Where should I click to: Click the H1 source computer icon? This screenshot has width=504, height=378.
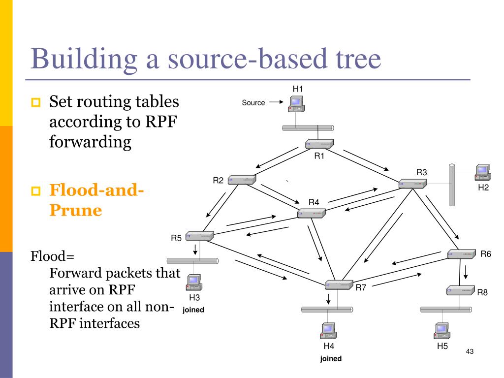coord(296,103)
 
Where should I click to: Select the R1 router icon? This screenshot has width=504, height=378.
coord(319,144)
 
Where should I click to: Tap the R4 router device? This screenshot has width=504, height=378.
coord(312,213)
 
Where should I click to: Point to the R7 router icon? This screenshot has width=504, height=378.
coord(339,285)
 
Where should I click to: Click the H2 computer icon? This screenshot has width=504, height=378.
coord(483,172)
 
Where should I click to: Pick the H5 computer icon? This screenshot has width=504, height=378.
coord(442,331)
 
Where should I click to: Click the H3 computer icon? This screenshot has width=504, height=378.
coord(194,282)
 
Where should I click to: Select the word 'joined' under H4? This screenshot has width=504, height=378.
coord(331,358)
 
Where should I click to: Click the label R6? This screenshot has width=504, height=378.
coord(486,254)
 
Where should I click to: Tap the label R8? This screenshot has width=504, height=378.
coord(482,292)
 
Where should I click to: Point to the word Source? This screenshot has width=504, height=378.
coord(253,102)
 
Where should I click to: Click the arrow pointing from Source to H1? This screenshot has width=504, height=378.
coord(276,102)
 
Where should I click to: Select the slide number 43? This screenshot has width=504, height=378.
coord(470,351)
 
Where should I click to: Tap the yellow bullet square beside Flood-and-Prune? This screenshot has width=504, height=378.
coord(35,191)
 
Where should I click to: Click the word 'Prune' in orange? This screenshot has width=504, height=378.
coord(75,210)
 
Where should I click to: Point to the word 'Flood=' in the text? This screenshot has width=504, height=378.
coord(52,256)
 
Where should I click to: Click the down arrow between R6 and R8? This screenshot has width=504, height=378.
coord(466,272)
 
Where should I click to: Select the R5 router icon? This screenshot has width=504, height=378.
coord(200,236)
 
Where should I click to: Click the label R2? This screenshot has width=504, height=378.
coord(218,180)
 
